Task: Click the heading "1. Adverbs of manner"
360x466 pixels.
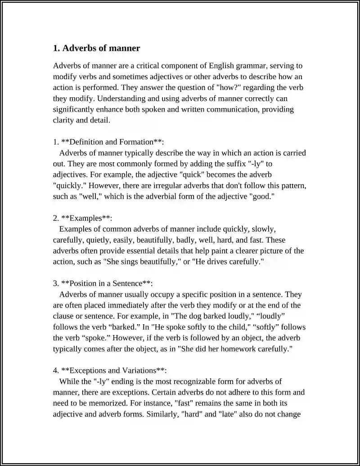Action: (x=96, y=48)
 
